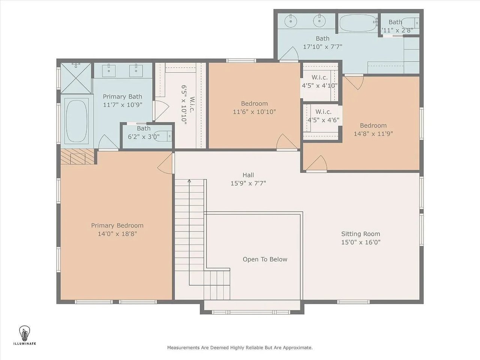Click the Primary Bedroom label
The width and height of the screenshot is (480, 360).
117,225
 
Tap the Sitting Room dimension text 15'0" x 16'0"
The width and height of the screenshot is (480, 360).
361,242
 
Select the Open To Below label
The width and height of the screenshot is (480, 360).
265,259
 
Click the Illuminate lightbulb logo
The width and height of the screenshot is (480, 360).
24,333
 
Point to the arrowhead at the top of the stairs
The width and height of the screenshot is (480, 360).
189,181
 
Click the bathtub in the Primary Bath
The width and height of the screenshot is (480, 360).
76,121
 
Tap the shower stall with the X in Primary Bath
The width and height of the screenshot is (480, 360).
76,78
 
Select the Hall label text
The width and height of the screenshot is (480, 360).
248,175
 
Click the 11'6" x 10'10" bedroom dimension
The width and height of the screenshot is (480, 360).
254,112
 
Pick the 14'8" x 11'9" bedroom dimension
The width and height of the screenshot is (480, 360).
373,133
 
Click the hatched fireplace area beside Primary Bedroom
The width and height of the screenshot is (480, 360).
77,156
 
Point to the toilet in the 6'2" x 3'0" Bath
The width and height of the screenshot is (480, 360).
163,136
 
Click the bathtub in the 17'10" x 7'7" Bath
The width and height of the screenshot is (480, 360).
358,23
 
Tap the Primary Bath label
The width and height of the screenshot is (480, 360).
123,96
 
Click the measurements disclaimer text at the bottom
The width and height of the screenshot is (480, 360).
240,348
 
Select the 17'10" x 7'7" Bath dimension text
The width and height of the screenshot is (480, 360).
322,46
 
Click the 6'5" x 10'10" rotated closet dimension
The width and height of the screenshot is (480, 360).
184,105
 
